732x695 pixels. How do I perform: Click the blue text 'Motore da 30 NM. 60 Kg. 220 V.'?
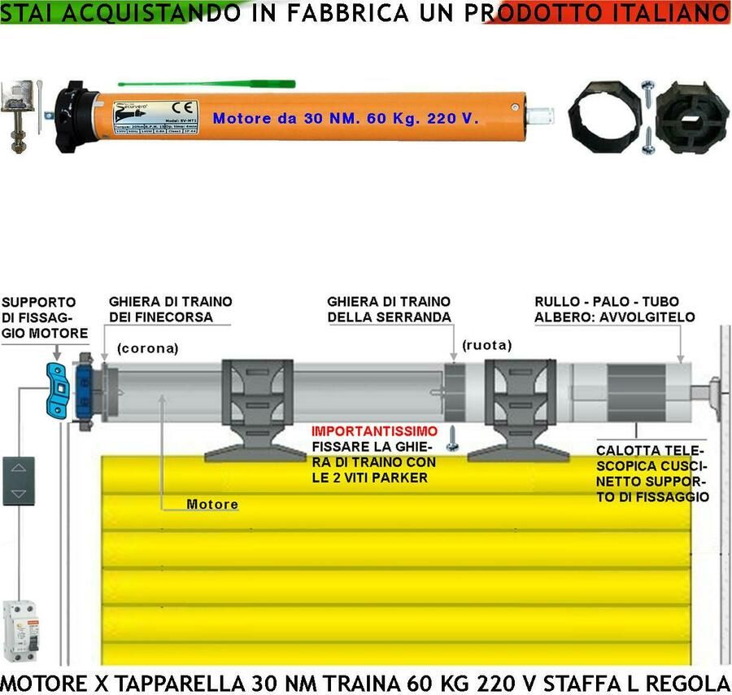coord(346,118)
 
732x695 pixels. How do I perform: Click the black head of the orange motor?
coord(74,119)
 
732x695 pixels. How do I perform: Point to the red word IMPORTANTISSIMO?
coord(374,431)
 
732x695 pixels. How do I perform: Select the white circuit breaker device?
coord(21,631)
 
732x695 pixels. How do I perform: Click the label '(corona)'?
coord(147,348)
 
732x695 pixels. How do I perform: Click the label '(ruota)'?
coord(486,345)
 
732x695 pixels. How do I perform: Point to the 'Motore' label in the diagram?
coord(212,505)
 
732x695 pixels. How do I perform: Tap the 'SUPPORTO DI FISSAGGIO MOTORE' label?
coord(44,317)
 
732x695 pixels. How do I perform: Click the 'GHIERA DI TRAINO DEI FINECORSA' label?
coord(170,309)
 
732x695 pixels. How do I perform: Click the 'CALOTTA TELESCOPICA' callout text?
coord(651,473)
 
